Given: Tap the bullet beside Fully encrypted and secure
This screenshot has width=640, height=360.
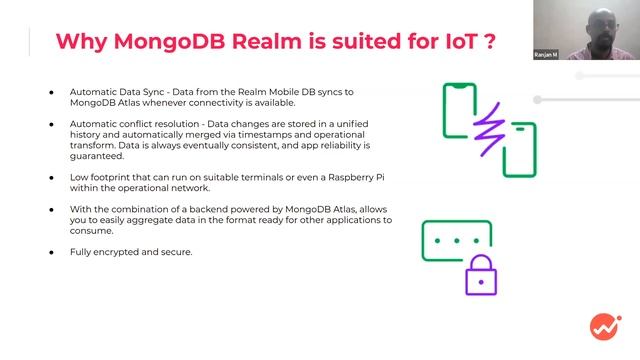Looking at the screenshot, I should pyautogui.click(x=51, y=251).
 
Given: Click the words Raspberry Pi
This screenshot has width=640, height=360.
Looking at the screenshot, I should pyautogui.click(x=333, y=177).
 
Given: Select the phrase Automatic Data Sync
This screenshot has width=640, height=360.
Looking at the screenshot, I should pyautogui.click(x=113, y=92).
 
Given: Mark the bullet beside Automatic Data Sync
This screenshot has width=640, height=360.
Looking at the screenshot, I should pyautogui.click(x=51, y=92).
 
